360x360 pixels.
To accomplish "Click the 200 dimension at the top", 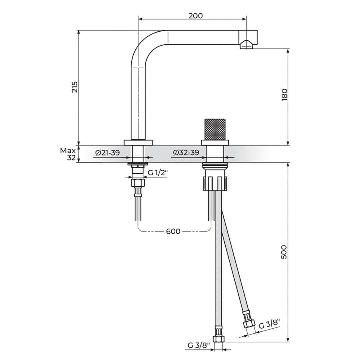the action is pos(196,16).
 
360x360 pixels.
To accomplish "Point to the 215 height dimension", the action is pos(75,87).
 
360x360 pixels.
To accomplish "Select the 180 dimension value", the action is pos(284,94).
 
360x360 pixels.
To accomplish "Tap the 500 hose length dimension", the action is pos(284,252).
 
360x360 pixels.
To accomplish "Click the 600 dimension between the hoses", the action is pos(173,231).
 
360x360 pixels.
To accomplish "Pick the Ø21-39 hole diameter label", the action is pos(107,152).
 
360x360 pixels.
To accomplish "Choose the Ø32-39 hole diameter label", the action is pos(186,152).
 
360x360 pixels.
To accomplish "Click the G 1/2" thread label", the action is pos(157,173).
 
